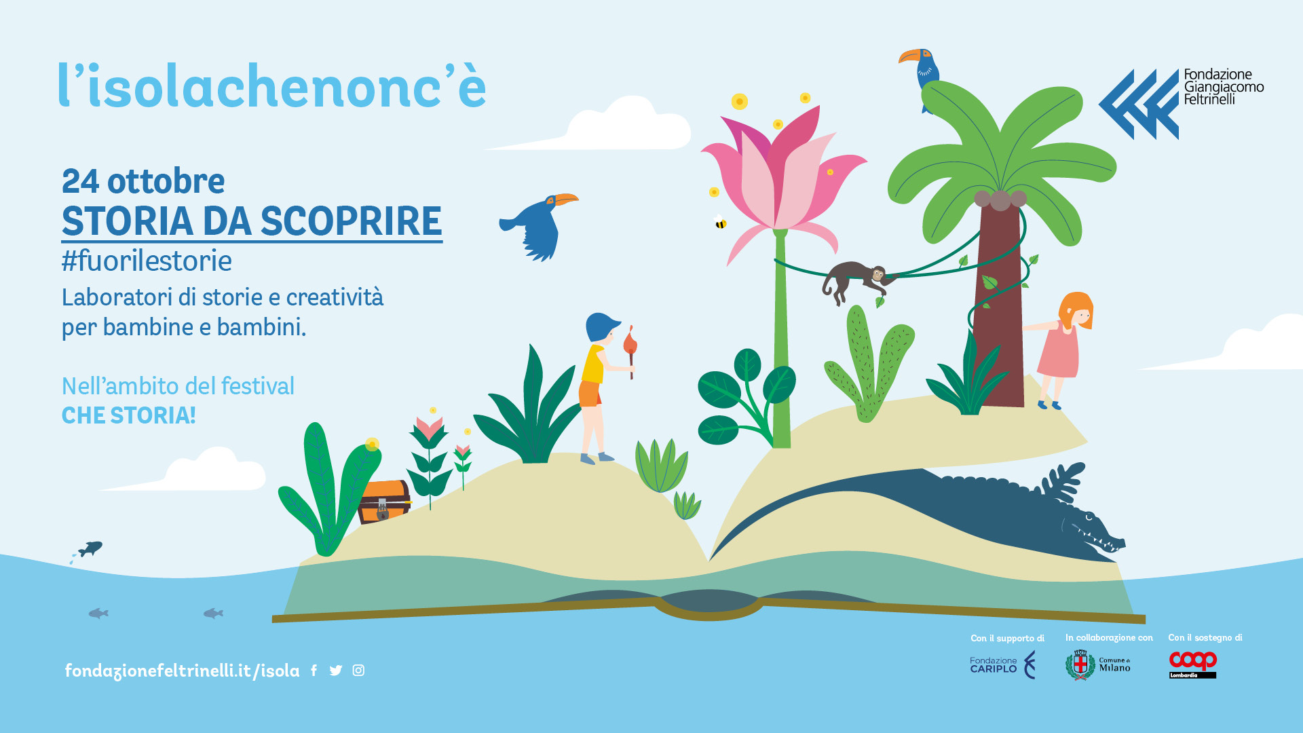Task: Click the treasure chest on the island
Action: point(384,502)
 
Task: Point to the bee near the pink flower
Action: point(720,222)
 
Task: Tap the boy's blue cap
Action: point(602,326)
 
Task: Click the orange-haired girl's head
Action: point(1076,311)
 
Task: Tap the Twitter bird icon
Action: point(336,671)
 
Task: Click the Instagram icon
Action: point(358,671)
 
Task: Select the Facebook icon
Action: point(314,671)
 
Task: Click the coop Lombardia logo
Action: point(1192,664)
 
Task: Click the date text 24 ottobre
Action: point(143,181)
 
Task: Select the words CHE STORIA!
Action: point(129,415)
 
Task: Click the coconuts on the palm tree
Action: point(1000,200)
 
